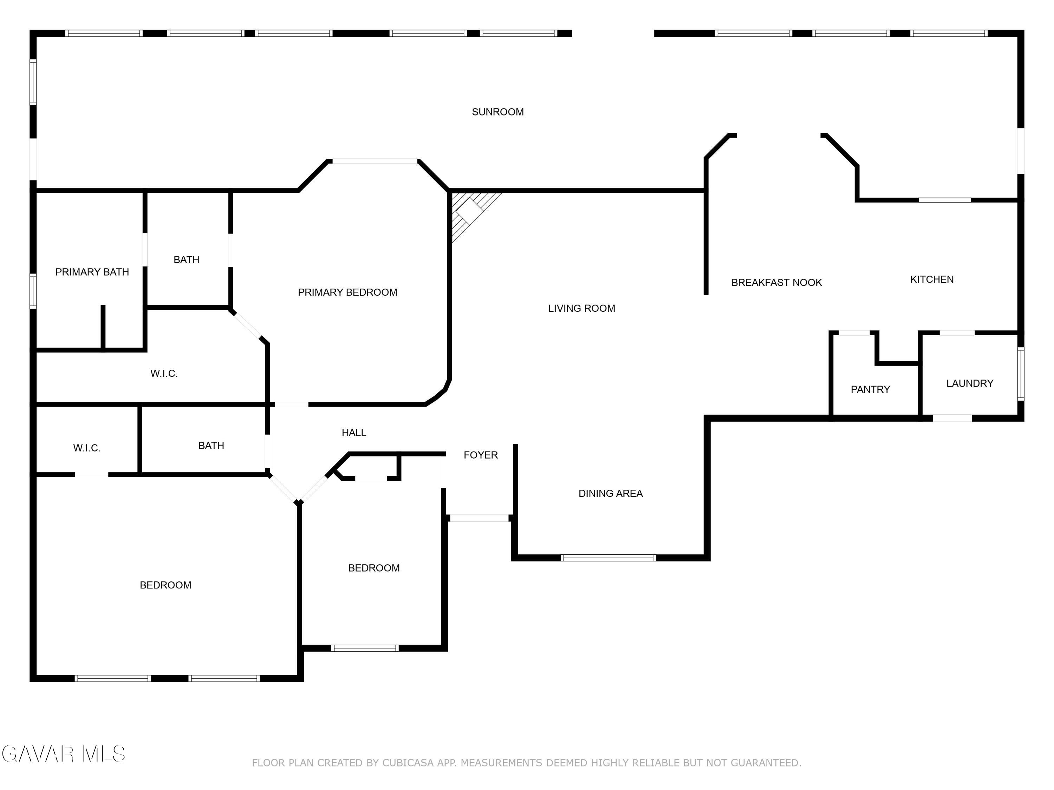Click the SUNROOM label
click(x=497, y=112)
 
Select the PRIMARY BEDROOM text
click(x=347, y=292)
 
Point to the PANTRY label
click(x=870, y=389)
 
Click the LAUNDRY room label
click(x=970, y=383)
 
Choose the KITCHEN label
click(x=931, y=279)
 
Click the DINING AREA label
click(x=610, y=493)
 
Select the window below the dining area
click(x=608, y=558)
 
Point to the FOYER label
click(x=480, y=455)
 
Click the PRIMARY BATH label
click(x=92, y=272)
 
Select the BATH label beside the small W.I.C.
click(x=211, y=445)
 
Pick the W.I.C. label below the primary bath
click(x=164, y=373)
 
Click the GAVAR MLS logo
click(x=63, y=754)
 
